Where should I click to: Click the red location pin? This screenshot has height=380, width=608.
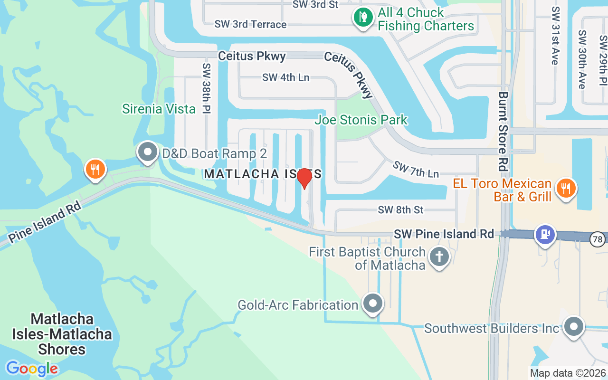point(304,178)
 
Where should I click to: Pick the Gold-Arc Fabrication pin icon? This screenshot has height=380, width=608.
point(373,303)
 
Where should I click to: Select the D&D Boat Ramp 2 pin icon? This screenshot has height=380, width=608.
point(148,152)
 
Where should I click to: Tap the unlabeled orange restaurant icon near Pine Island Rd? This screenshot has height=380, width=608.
point(95,169)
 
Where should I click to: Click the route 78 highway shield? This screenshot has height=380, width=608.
point(598,239)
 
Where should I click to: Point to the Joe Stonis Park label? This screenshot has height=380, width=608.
point(361,120)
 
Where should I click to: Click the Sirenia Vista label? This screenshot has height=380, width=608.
point(159,109)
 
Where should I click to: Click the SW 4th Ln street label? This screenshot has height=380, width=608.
point(286,77)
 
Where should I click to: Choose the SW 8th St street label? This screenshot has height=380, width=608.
point(400,209)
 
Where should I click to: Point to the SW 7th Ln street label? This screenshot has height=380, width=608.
point(416,169)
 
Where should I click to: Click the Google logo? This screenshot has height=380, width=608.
point(32,369)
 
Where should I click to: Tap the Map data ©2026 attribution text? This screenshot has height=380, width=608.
point(568,373)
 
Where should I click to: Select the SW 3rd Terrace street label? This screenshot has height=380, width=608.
point(250,24)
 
